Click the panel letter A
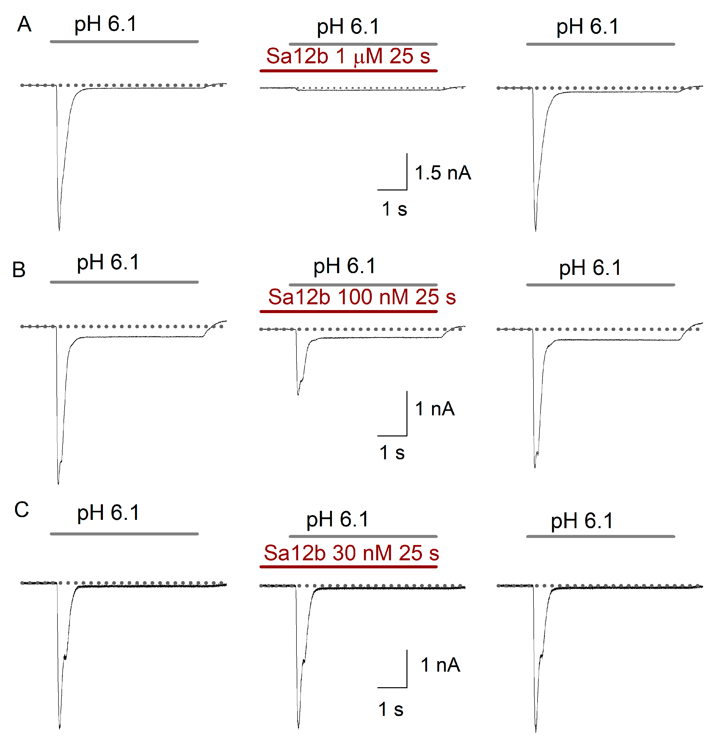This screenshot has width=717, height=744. [24, 24]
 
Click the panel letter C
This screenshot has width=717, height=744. [22, 509]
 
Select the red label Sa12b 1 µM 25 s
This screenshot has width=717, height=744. [348, 56]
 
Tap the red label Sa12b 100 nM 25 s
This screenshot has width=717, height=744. [362, 297]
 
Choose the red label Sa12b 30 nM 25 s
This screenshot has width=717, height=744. [351, 553]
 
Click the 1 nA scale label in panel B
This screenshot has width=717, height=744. [435, 409]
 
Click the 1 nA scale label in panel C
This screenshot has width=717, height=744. [440, 665]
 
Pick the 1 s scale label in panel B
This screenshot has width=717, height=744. [392, 453]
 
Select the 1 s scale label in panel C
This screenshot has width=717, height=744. [390, 709]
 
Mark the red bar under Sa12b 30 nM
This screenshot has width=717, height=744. [348, 567]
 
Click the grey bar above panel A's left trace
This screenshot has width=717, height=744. [124, 41]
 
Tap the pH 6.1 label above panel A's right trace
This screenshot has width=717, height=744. [587, 27]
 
